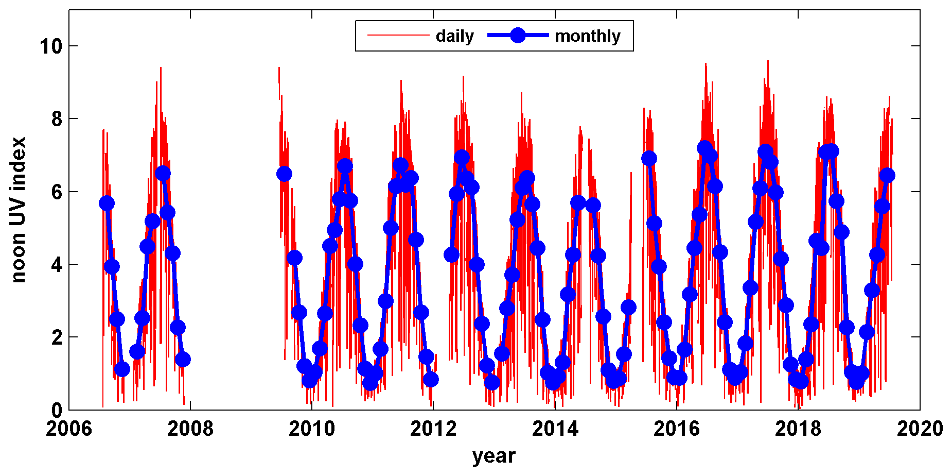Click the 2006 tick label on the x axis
[x=69, y=429]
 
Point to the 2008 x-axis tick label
[x=190, y=429]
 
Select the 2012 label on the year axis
[x=433, y=429]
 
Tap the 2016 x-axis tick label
[x=677, y=429]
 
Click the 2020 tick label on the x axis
[x=920, y=429]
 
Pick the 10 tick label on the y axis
[x=50, y=46]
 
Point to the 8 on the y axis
[x=57, y=119]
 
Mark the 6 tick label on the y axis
[x=57, y=192]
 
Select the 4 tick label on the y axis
[x=57, y=265]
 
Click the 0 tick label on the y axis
[x=57, y=411]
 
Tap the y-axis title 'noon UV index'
[x=19, y=210]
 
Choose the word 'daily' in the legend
[x=454, y=36]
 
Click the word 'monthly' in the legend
[x=588, y=36]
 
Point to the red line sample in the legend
[x=398, y=36]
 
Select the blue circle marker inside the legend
[x=518, y=36]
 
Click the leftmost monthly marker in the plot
[x=107, y=203]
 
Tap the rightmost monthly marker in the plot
[x=887, y=176]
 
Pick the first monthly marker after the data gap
[x=284, y=174]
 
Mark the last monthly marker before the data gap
[x=183, y=359]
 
